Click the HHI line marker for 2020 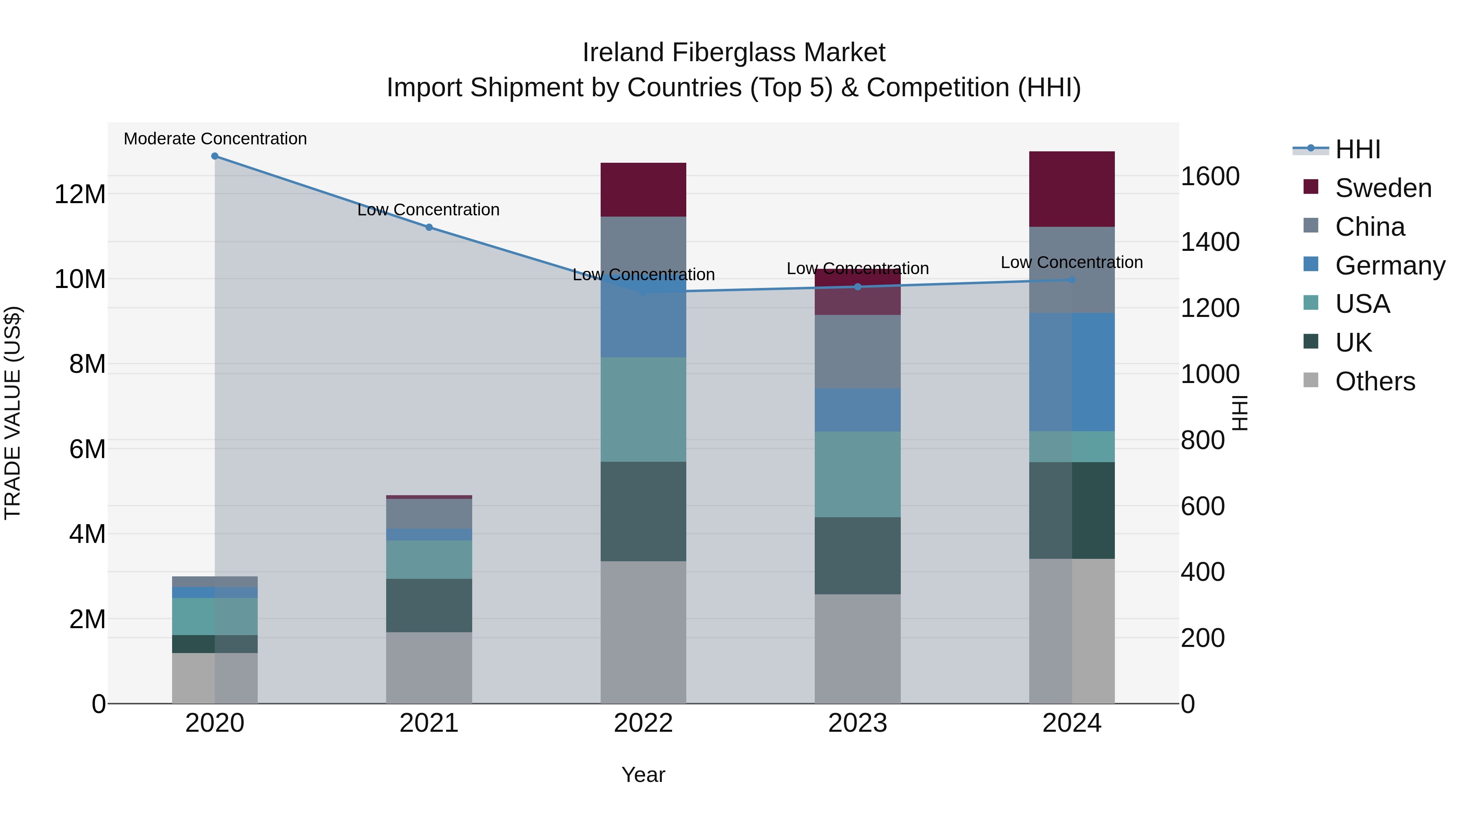coord(215,156)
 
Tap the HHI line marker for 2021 coord(429,228)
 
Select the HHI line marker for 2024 coord(1071,280)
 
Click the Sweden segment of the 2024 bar coord(1071,189)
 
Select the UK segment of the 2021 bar coord(429,605)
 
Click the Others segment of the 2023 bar coord(857,649)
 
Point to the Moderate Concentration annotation coord(215,139)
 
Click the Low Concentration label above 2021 coord(428,210)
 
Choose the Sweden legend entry coord(1383,188)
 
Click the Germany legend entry coord(1390,266)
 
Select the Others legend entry coord(1375,381)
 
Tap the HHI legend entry coord(1357,149)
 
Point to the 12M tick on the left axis coord(80,195)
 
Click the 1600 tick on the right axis coord(1210,176)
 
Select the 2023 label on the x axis coord(857,723)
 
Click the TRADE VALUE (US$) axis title coord(13,413)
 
